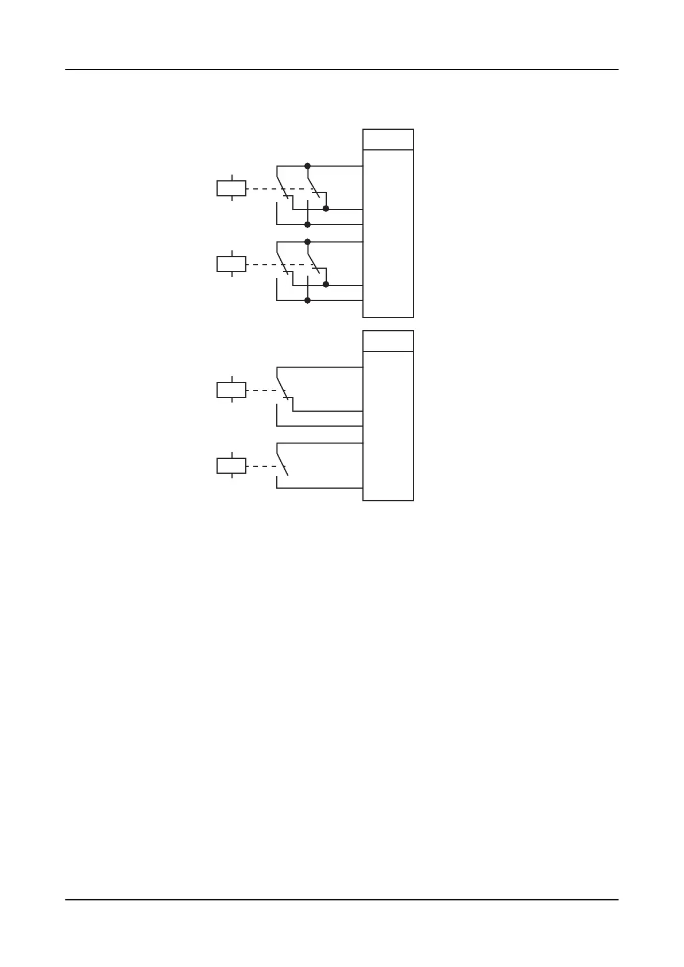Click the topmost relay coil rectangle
click(x=231, y=188)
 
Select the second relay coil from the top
click(x=231, y=264)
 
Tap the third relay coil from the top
click(x=231, y=390)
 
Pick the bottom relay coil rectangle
click(x=231, y=466)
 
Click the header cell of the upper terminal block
click(x=388, y=140)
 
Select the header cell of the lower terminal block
click(x=388, y=341)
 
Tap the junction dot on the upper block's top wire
click(x=307, y=166)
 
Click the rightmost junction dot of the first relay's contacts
click(x=326, y=208)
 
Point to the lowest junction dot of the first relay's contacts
click(x=307, y=225)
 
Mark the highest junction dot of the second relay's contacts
click(x=307, y=242)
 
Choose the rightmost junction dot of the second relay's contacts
click(x=326, y=284)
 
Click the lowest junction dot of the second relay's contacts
click(x=307, y=300)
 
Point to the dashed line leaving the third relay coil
click(x=261, y=390)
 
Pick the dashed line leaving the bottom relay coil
click(x=261, y=466)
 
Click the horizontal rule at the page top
click(x=342, y=69)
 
